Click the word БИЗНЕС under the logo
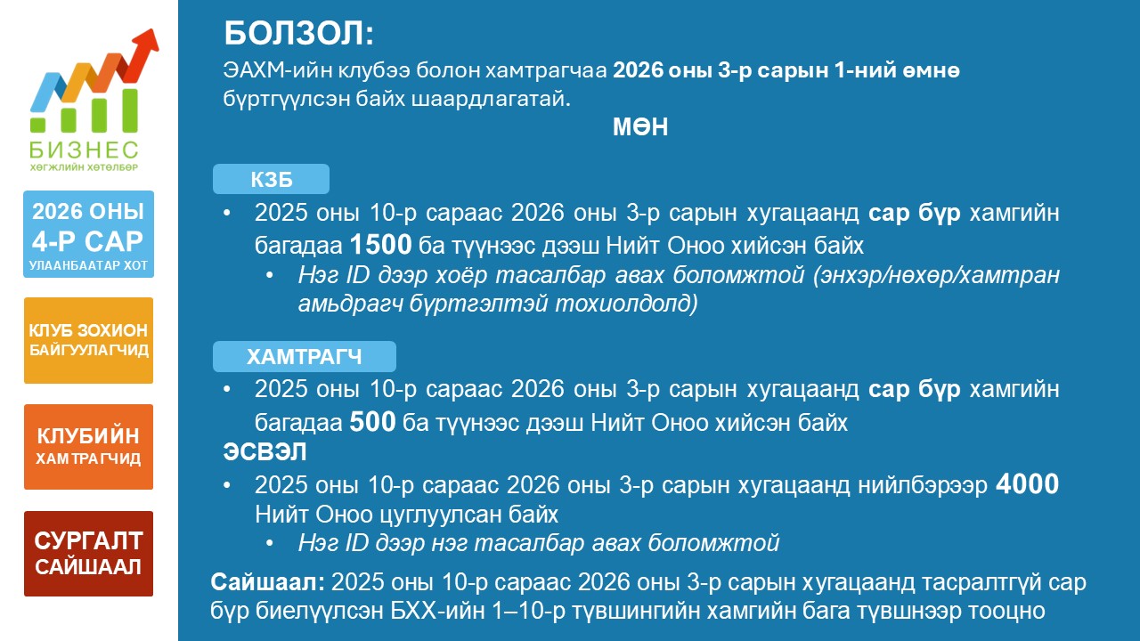coord(84,150)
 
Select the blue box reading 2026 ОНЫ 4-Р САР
coord(88,234)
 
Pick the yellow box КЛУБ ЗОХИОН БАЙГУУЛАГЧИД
coord(88,340)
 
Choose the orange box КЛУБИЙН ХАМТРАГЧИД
coord(88,447)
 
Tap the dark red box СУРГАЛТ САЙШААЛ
coord(88,554)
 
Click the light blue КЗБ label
coord(271,179)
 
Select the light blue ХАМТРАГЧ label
coord(305,356)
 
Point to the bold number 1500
coord(380,245)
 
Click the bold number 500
coord(372,422)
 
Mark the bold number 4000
coord(1027,483)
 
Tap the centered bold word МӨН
coord(640,126)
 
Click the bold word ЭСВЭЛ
coord(265,451)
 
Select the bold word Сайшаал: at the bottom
coord(268,582)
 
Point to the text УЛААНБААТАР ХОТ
coord(88,265)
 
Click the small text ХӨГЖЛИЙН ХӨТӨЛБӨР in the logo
coord(84,167)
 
